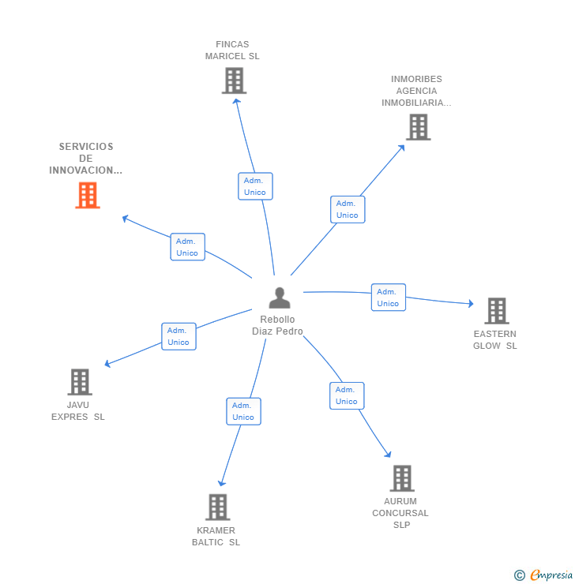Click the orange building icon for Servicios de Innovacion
tap(88, 195)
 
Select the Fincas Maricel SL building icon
tap(234, 80)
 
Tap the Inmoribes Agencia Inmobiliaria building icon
tap(418, 127)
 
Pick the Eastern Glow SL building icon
tap(496, 311)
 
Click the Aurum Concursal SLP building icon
tap(401, 478)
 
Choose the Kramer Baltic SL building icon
tap(217, 507)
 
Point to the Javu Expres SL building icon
tap(79, 382)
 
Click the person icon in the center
tap(280, 298)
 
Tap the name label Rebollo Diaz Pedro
tap(277, 326)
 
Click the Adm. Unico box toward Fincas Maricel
tap(255, 186)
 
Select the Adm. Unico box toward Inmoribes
tap(348, 209)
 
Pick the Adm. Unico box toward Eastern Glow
tap(388, 298)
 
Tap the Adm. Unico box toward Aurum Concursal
tap(347, 395)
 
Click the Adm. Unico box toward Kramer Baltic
tap(243, 411)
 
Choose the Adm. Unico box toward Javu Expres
tap(179, 336)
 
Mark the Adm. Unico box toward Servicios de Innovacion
tap(187, 247)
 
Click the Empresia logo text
tap(551, 575)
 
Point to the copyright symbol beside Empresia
tap(520, 575)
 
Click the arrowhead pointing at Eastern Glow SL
tap(470, 304)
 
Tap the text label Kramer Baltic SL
tap(216, 536)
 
